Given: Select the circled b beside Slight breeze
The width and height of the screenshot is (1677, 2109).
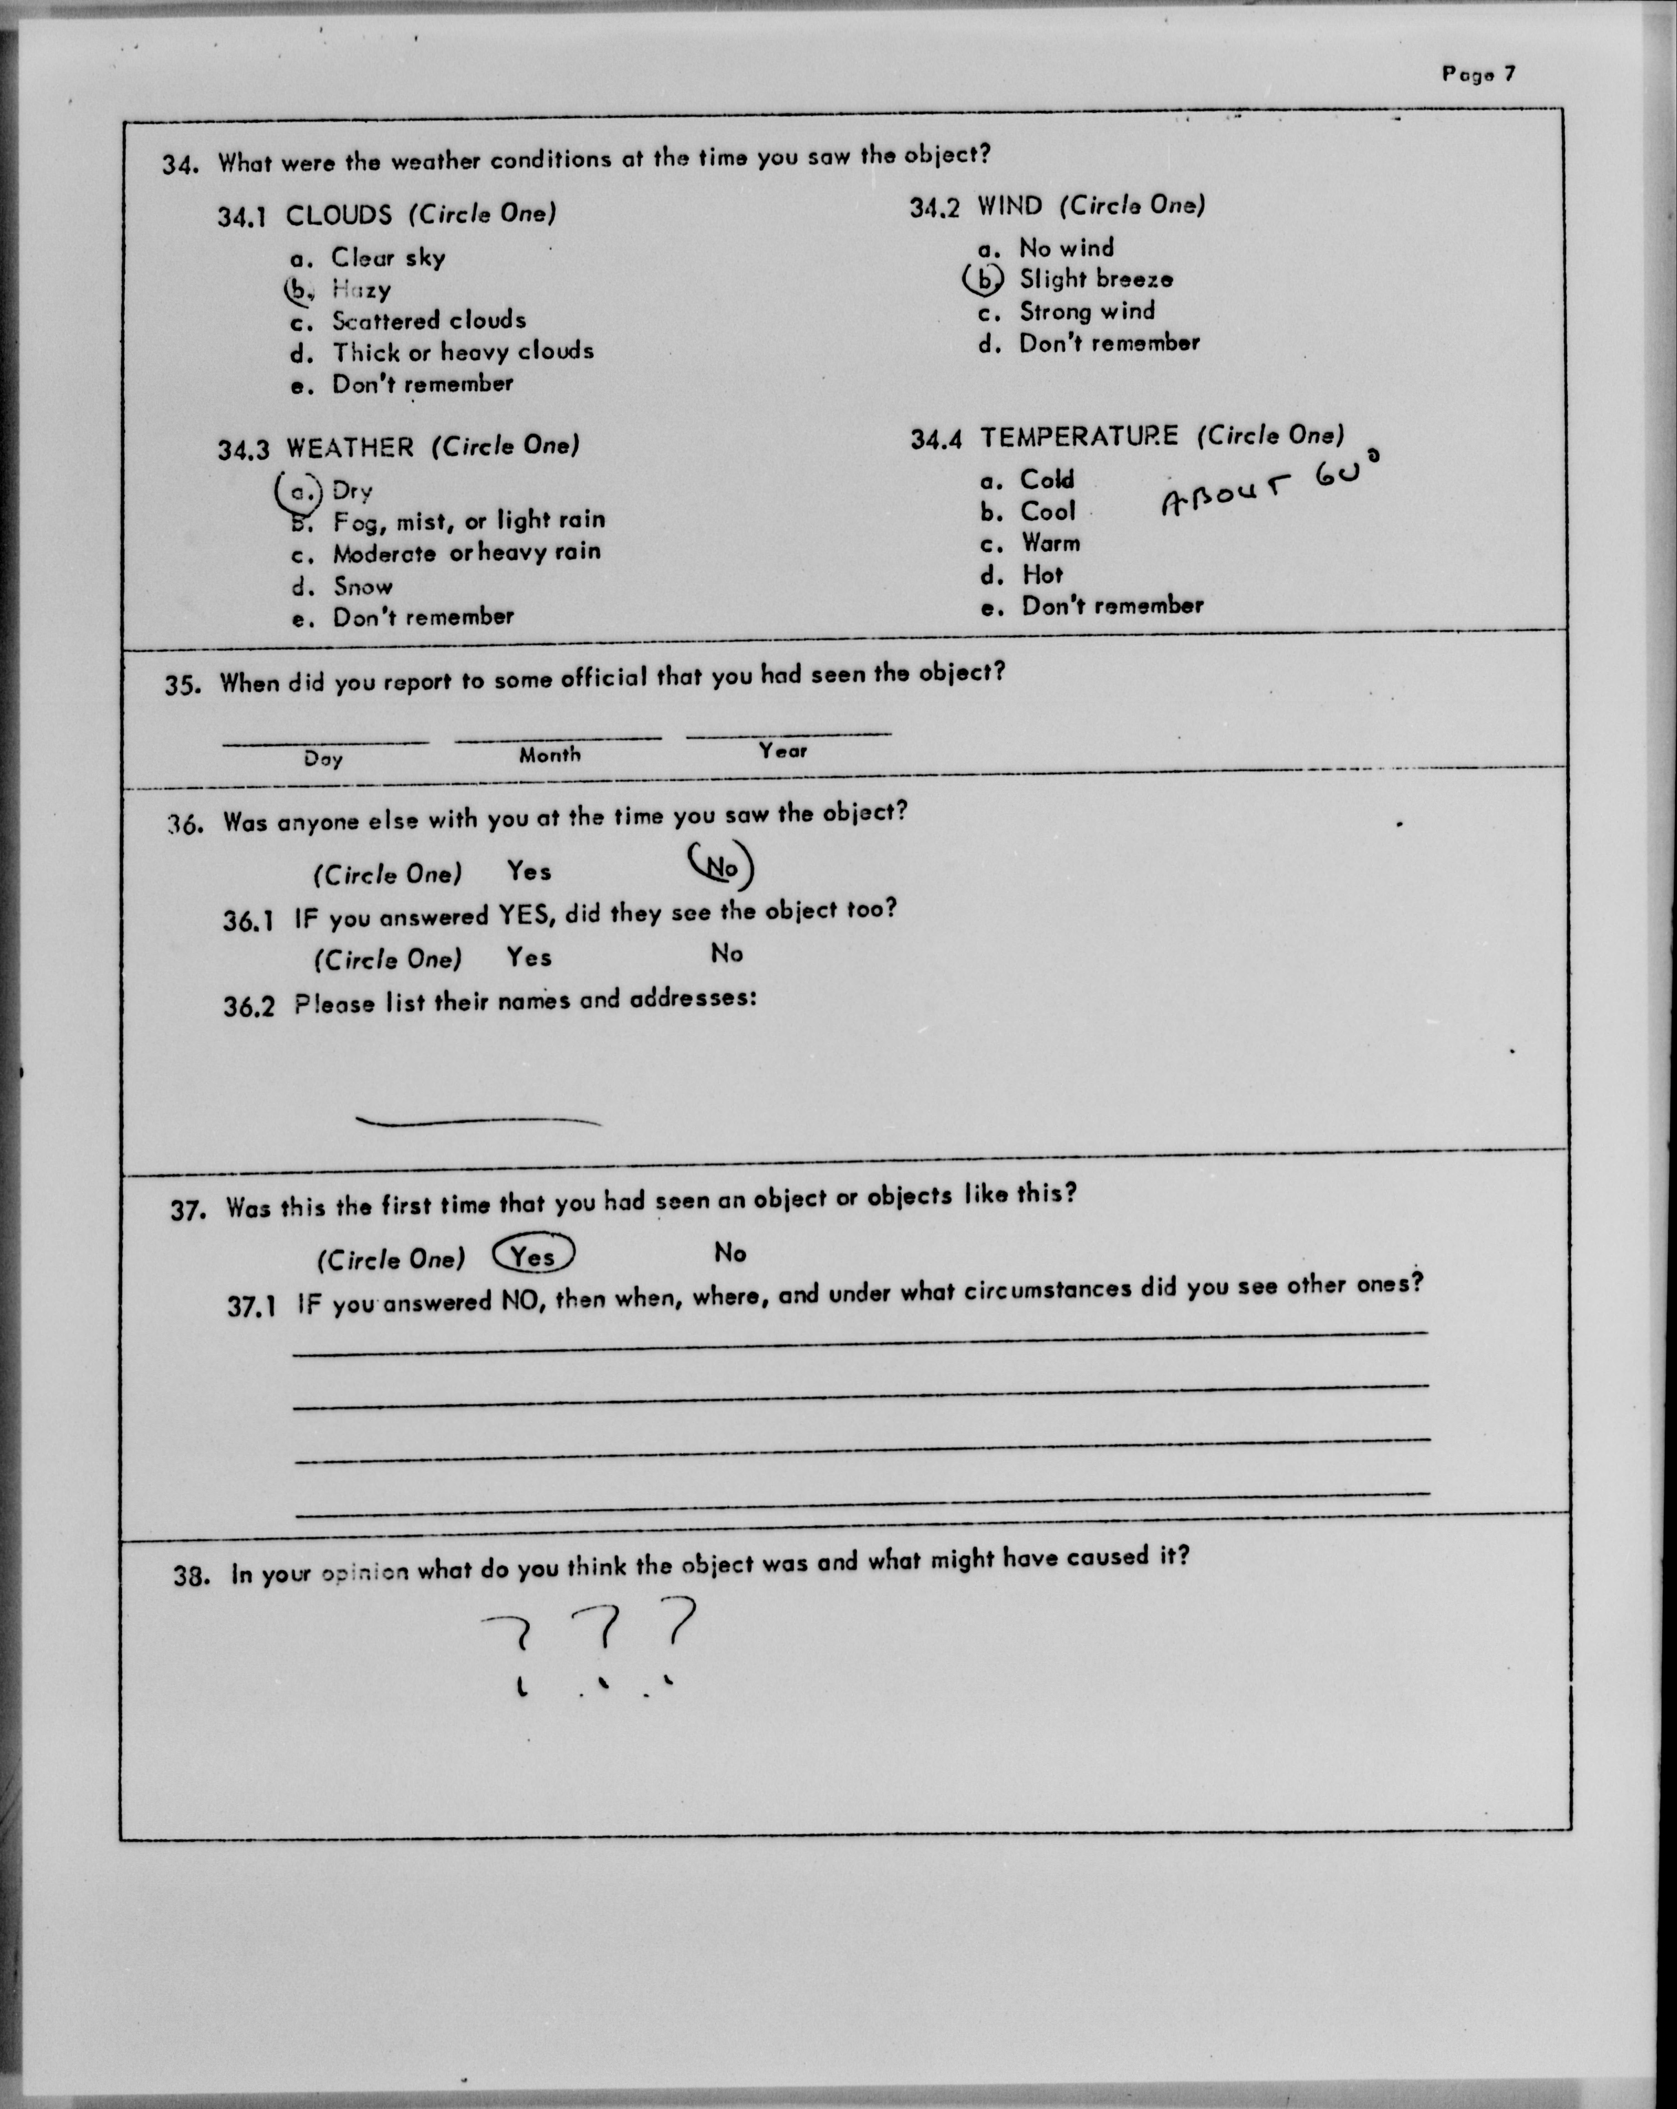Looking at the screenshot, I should (x=983, y=280).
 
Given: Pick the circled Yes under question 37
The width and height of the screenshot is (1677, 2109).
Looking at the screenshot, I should (x=534, y=1255).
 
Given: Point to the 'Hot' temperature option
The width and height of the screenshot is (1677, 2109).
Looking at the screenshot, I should (x=1042, y=574).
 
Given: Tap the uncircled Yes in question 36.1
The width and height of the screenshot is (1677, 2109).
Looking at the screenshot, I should (x=529, y=957).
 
